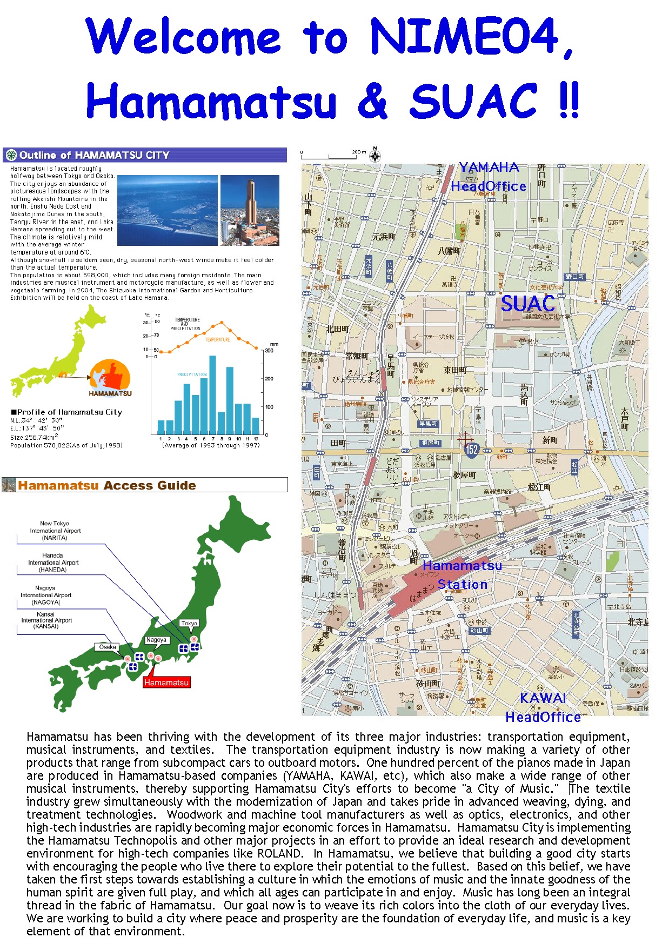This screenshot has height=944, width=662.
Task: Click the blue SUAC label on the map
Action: (x=528, y=304)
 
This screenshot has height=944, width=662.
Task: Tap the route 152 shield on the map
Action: (x=472, y=449)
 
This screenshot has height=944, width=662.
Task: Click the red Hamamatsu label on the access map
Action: (x=166, y=682)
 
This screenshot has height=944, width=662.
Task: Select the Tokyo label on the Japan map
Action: (x=189, y=623)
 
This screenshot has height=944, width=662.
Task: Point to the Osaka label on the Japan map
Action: (x=108, y=647)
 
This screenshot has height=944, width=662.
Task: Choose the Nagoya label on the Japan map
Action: (x=156, y=640)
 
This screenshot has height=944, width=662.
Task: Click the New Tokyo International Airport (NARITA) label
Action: (x=55, y=531)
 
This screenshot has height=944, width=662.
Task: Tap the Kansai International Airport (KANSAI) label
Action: (x=46, y=620)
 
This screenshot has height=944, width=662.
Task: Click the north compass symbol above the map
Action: (x=375, y=156)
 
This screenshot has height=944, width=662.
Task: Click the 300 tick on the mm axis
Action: (x=269, y=351)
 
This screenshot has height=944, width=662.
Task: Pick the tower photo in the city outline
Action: (x=250, y=210)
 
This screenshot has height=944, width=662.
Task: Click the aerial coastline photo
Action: (x=168, y=210)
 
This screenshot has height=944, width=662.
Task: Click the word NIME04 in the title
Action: (x=464, y=37)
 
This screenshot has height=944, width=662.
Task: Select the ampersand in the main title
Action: (x=373, y=101)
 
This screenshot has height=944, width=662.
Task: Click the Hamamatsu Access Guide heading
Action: (x=106, y=485)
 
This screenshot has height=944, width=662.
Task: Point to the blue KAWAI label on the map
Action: (x=543, y=698)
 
